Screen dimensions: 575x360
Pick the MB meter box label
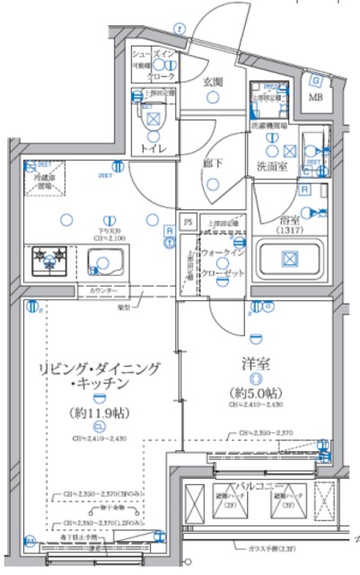(316, 97)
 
